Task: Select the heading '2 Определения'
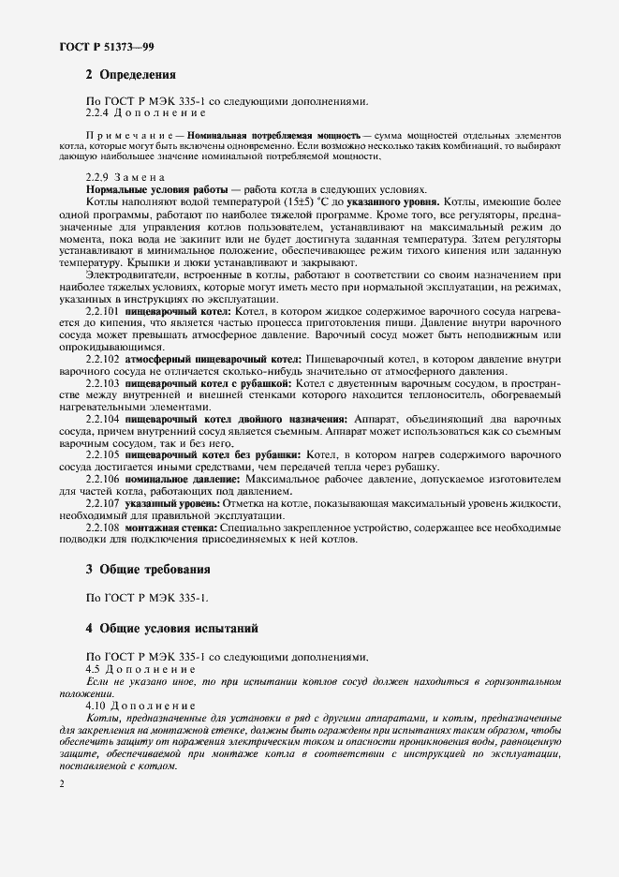[130, 74]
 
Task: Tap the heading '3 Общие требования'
[147, 569]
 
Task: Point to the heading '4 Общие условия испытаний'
[171, 627]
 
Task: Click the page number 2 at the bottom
[61, 784]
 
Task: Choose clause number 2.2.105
[102, 454]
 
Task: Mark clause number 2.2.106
[102, 479]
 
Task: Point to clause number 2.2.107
[102, 504]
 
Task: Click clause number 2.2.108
[102, 528]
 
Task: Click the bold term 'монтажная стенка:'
[172, 528]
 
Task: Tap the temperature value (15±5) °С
[284, 201]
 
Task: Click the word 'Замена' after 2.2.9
[141, 176]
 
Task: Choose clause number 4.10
[96, 705]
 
